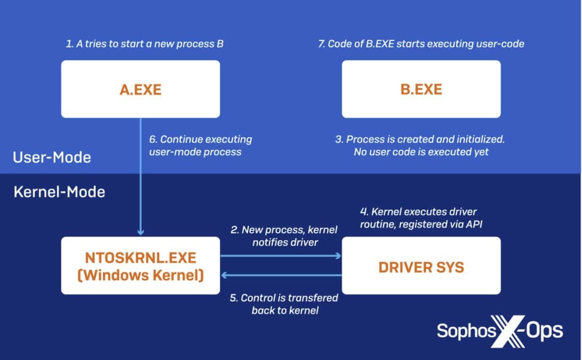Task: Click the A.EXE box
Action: (140, 89)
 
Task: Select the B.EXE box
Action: (421, 89)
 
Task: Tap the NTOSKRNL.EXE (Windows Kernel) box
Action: (140, 266)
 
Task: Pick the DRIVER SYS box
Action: (421, 266)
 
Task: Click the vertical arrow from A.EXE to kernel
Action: (140, 176)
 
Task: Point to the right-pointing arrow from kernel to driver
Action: (281, 256)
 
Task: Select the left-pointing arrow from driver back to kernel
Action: (281, 275)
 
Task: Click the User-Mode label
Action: (52, 157)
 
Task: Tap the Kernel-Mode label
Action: (59, 192)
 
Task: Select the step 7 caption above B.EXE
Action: (421, 44)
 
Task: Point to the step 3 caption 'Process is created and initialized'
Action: (422, 146)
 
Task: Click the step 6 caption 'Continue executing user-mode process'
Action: (200, 146)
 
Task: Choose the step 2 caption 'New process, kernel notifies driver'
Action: (284, 236)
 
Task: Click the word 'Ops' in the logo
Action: (543, 330)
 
